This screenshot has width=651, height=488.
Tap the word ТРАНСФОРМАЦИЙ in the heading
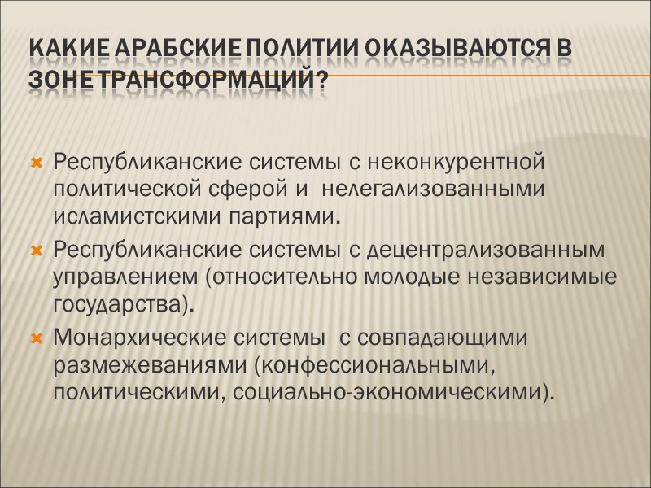[x=203, y=82]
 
